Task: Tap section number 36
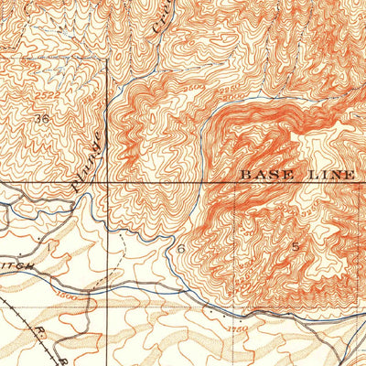point(40,119)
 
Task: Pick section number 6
point(182,248)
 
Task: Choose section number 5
point(295,246)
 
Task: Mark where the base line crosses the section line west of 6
point(106,183)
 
